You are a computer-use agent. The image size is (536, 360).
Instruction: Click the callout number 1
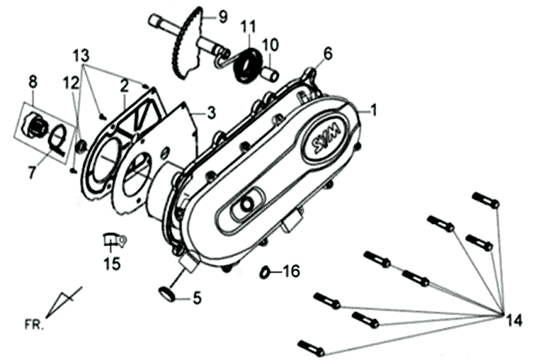[x=374, y=109]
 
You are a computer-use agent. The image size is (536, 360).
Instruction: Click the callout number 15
[x=111, y=263]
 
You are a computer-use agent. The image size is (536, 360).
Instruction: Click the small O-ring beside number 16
[x=265, y=272]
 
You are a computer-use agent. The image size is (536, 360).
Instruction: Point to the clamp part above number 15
[x=114, y=237]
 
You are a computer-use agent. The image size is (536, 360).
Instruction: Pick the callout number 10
[x=270, y=46]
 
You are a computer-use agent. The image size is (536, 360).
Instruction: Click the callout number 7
[x=32, y=173]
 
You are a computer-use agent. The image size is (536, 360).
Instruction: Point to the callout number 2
[x=125, y=85]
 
